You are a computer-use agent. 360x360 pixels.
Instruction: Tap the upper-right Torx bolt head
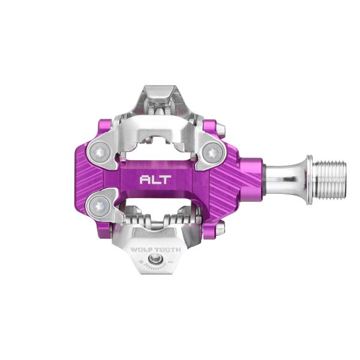click(211, 154)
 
